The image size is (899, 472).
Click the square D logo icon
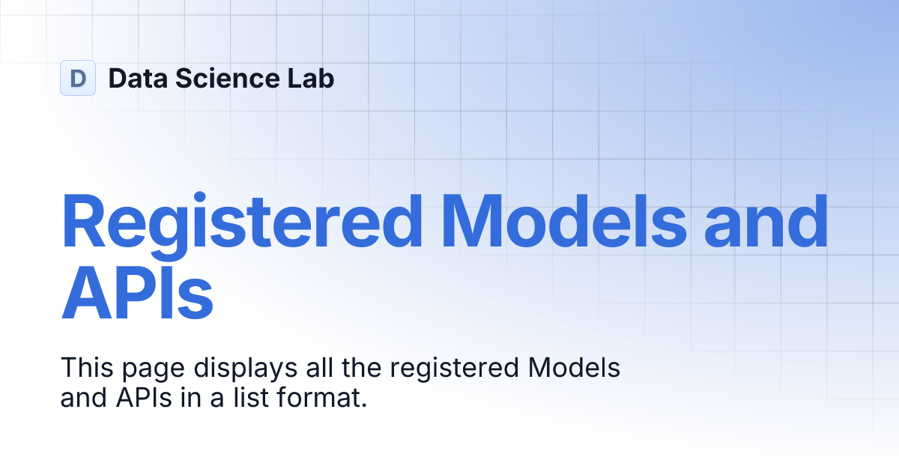pyautogui.click(x=78, y=78)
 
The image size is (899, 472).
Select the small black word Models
pyautogui.click(x=575, y=369)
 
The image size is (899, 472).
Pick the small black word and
pyautogui.click(x=85, y=398)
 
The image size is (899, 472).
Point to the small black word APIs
pyautogui.click(x=145, y=398)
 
